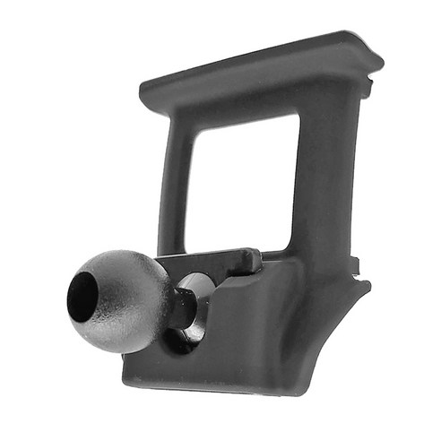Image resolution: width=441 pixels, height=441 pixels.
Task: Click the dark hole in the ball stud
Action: tap(82, 296)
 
